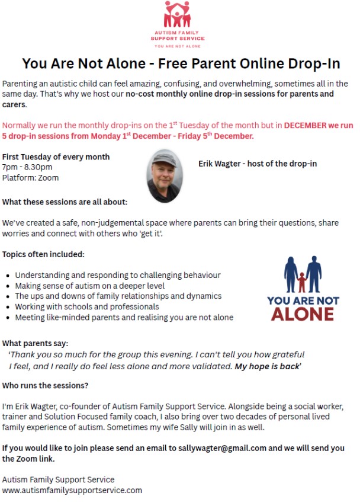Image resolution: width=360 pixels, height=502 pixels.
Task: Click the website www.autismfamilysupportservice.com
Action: click(x=72, y=490)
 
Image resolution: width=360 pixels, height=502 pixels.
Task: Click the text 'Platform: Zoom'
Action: click(x=31, y=177)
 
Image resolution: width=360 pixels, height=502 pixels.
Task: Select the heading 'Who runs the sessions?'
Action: click(x=45, y=386)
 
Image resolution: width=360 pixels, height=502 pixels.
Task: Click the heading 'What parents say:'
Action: click(x=35, y=343)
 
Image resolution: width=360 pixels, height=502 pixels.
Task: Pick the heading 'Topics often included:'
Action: click(x=43, y=254)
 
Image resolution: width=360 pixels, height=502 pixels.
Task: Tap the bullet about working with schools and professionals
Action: click(x=87, y=306)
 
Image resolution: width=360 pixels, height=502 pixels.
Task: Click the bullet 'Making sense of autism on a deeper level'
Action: click(x=90, y=286)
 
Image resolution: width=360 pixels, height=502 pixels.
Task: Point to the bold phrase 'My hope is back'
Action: click(x=266, y=366)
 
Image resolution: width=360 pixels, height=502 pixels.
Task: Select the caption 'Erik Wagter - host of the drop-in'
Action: click(x=258, y=164)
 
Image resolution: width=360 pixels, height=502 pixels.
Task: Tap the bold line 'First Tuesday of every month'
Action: click(x=56, y=157)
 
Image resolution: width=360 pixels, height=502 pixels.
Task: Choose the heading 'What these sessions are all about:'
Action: click(x=65, y=202)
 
